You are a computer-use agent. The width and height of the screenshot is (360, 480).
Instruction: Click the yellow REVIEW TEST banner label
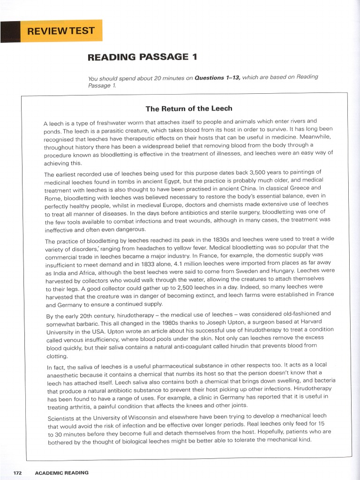[61, 31]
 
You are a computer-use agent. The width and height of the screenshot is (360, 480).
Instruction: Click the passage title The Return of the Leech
[188, 109]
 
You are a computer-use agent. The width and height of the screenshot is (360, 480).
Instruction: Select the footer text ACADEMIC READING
[61, 472]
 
